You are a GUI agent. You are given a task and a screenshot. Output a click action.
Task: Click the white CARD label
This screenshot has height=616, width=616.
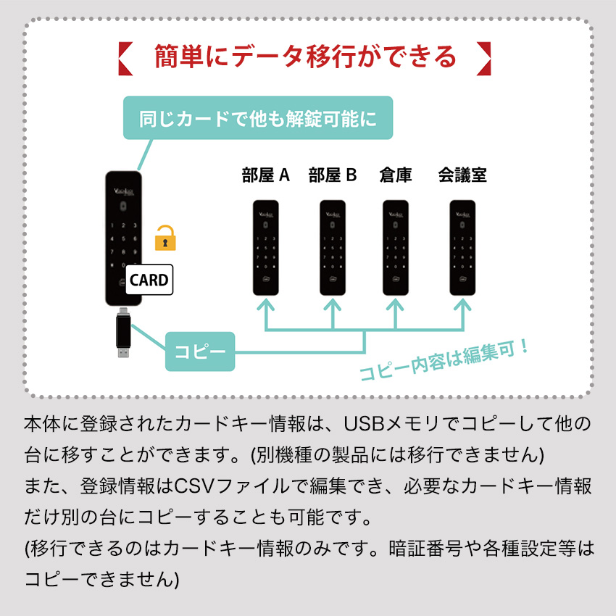(x=149, y=280)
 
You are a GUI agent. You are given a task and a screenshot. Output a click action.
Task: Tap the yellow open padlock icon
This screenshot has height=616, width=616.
(x=165, y=238)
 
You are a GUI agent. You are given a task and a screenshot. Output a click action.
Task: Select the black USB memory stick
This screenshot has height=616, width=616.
(x=123, y=333)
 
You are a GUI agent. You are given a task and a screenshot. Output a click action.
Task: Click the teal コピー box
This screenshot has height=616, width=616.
(x=200, y=351)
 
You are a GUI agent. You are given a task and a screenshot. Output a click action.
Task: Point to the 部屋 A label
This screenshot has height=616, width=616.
(x=265, y=175)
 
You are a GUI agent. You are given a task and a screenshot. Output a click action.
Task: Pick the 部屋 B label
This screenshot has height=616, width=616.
(x=333, y=175)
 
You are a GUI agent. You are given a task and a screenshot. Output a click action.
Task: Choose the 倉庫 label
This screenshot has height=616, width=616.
(x=396, y=175)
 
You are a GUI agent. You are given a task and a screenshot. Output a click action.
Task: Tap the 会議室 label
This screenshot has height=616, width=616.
(x=462, y=175)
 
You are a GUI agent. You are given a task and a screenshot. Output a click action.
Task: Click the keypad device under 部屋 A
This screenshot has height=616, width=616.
(x=266, y=248)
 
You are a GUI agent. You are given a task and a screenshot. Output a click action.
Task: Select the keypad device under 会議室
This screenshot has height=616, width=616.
(x=462, y=248)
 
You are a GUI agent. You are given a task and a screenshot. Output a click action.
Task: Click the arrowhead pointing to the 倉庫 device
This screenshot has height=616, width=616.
(x=396, y=304)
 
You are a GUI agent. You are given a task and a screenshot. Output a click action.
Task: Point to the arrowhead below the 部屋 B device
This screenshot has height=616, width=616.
(x=333, y=304)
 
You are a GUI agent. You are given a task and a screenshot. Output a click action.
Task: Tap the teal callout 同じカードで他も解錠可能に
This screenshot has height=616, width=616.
(x=258, y=118)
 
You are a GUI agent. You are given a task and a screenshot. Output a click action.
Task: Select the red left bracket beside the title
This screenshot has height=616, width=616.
(x=125, y=58)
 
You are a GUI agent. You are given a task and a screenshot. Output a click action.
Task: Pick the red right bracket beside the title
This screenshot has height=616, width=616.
(x=484, y=58)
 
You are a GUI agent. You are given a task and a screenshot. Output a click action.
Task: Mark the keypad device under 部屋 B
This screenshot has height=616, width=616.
(x=333, y=248)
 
